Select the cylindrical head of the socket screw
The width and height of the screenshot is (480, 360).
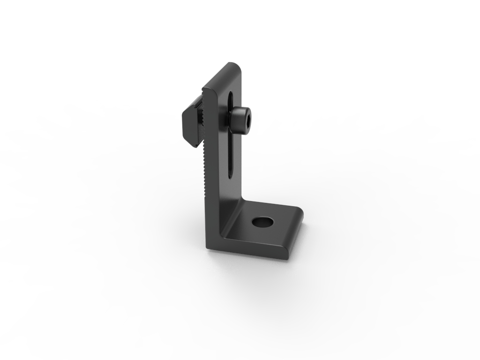pos(238,120)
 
